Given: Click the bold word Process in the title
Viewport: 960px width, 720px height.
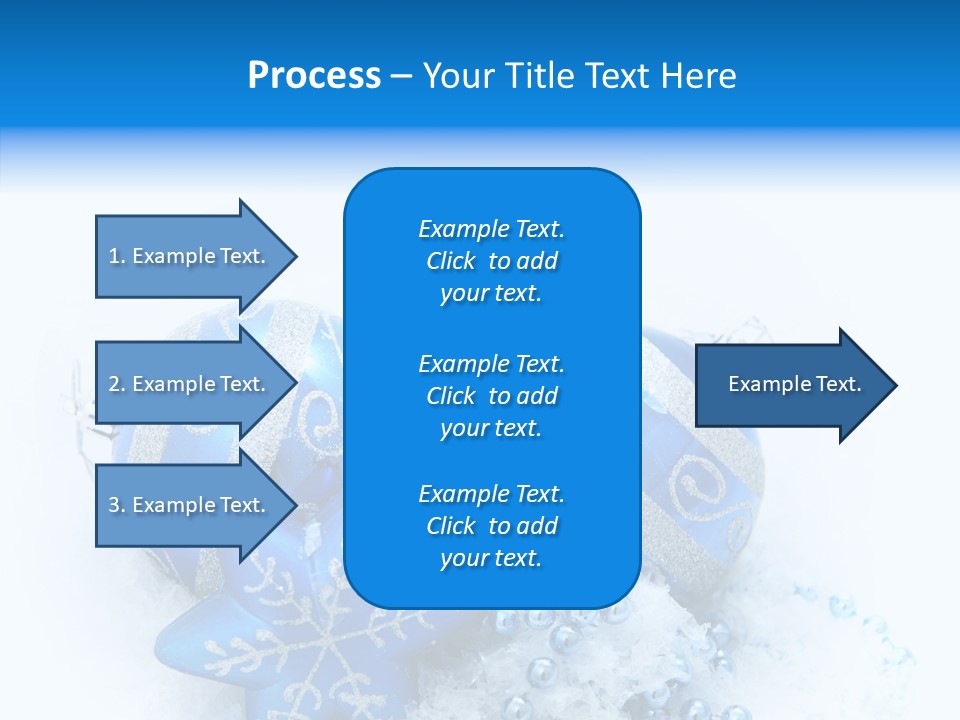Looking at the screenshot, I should (314, 76).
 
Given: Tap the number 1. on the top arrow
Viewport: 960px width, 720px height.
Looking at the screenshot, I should (117, 256).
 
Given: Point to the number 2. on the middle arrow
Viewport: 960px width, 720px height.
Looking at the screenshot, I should (117, 384).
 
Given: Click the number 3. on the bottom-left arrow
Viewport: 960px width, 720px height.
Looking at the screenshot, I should (117, 505).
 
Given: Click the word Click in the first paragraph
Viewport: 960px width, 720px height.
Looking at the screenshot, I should (451, 261).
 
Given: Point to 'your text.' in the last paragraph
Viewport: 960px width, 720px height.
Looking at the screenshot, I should (491, 558).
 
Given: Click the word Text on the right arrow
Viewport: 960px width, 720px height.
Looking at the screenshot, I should (838, 384).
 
